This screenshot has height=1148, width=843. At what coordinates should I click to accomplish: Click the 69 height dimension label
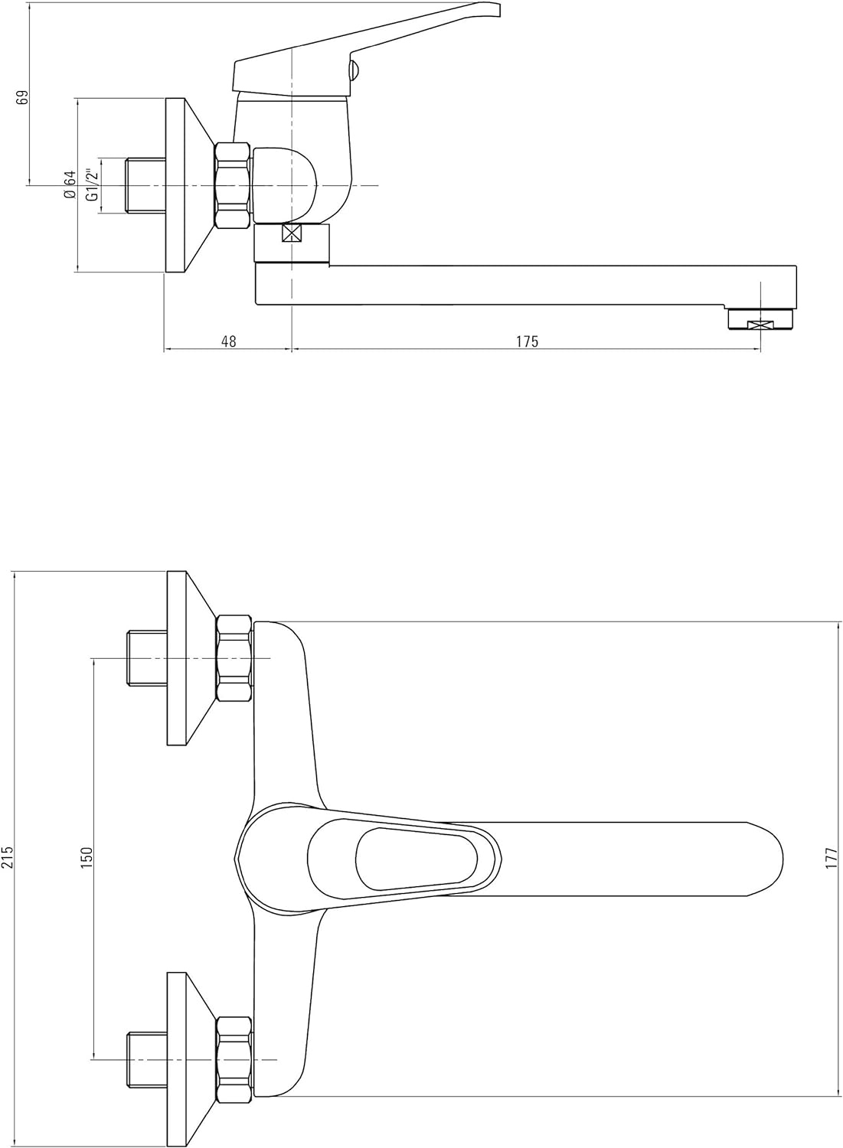pyautogui.click(x=22, y=97)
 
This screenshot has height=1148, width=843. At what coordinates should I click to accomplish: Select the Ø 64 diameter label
pyautogui.click(x=69, y=185)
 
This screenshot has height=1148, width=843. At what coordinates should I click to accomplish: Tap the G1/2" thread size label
pyautogui.click(x=92, y=184)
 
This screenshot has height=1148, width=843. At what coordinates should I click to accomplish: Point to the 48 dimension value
pyautogui.click(x=229, y=341)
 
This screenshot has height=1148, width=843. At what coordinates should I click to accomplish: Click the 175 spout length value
pyautogui.click(x=527, y=341)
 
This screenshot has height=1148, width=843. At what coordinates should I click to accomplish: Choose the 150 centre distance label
pyautogui.click(x=87, y=857)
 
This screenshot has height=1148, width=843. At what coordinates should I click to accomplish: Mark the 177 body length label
pyautogui.click(x=832, y=858)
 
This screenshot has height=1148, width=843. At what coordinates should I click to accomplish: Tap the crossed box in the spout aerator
pyautogui.click(x=760, y=325)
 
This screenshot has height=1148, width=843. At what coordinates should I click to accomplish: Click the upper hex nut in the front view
pyautogui.click(x=234, y=658)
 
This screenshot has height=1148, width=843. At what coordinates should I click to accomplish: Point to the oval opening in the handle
pyautogui.click(x=417, y=858)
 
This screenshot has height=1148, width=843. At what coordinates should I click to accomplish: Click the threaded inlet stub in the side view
pyautogui.click(x=145, y=185)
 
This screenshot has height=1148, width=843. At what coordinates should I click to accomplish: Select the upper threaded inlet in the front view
pyautogui.click(x=147, y=658)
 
